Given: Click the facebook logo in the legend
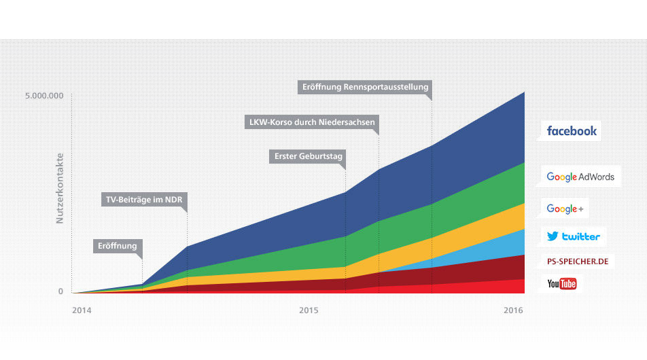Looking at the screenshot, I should [x=572, y=131].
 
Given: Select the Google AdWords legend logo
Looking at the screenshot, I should [x=580, y=177].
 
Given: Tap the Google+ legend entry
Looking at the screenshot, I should [x=565, y=209].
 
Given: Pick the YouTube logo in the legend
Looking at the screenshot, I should [x=561, y=283].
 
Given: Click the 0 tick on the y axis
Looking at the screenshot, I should [x=60, y=291].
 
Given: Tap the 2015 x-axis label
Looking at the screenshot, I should [x=309, y=311].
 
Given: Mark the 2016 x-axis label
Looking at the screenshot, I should [x=513, y=311].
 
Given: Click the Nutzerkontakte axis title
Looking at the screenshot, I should [x=60, y=187].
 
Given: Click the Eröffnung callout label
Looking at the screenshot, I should [x=117, y=246].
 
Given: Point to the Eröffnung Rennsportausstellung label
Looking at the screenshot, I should [x=365, y=87].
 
